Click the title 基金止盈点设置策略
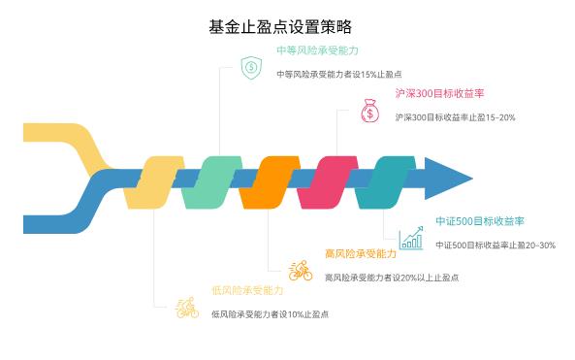287,26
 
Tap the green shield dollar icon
250,67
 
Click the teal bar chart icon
412,237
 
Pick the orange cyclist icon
300,270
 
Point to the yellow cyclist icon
186,308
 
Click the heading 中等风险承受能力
316,50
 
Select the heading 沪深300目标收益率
440,94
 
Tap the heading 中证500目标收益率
480,221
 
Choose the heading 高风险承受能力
361,253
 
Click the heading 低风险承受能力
247,290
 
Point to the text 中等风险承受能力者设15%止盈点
339,74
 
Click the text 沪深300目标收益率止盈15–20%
456,117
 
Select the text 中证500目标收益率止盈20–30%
495,245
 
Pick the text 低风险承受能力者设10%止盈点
271,313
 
